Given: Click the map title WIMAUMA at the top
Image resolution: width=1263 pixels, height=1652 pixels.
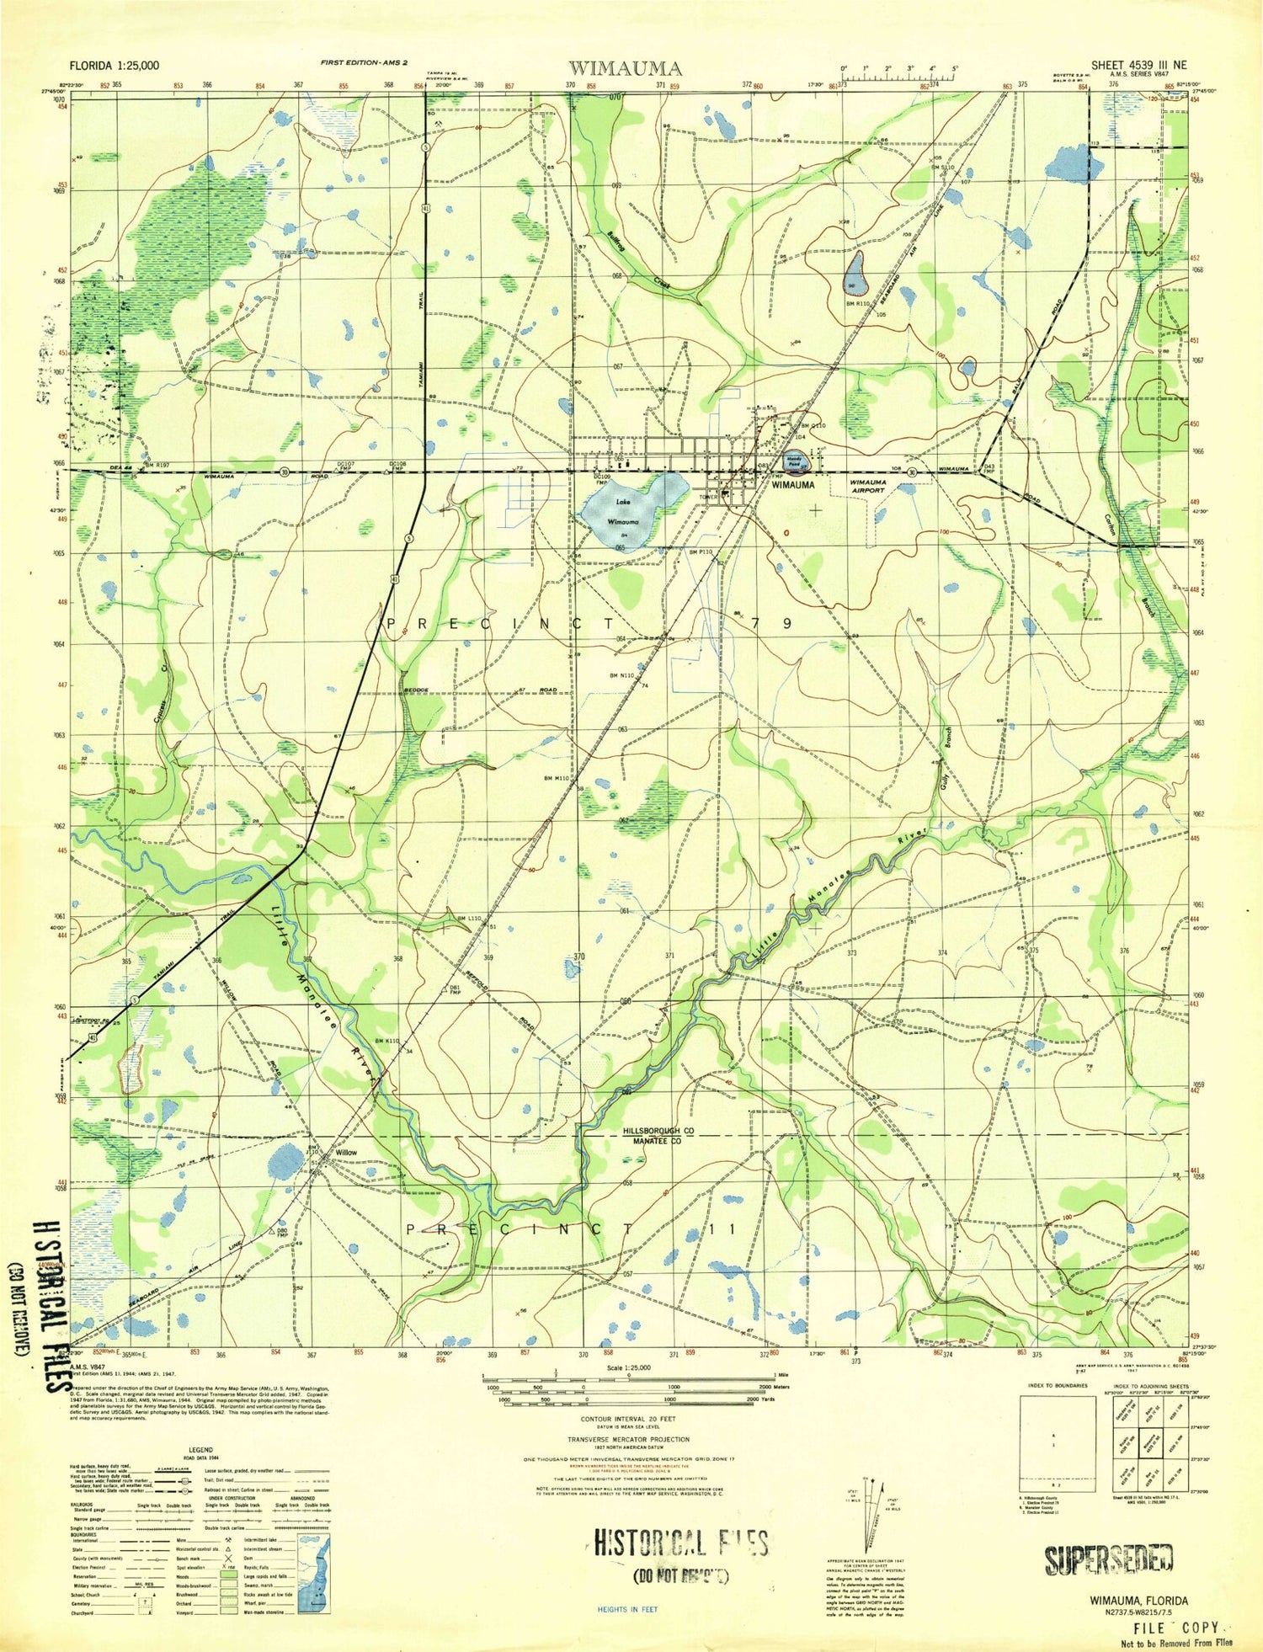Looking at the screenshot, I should point(625,67).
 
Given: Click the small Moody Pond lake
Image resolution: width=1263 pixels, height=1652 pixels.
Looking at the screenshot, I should point(793,461).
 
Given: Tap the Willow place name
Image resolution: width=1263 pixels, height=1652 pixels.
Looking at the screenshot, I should point(346,1153).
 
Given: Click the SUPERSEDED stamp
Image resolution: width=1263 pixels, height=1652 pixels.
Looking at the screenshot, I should point(1109,1560).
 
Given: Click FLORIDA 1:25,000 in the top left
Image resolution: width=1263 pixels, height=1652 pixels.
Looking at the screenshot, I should point(115,66).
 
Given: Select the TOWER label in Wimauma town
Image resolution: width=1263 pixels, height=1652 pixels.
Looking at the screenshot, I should point(707,497).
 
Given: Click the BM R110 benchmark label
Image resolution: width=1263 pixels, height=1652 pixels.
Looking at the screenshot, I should point(857,304).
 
